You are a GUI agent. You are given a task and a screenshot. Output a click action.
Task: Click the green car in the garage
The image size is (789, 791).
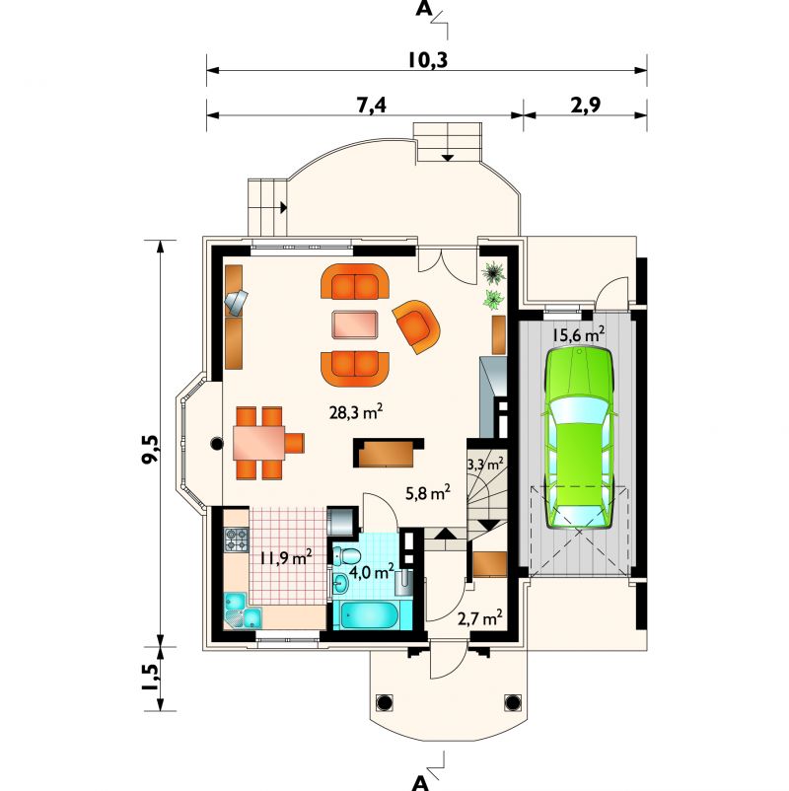click(579, 437)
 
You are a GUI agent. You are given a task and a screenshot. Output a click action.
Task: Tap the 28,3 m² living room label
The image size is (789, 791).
click(356, 412)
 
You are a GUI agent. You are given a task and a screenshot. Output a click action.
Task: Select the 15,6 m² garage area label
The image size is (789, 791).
click(578, 334)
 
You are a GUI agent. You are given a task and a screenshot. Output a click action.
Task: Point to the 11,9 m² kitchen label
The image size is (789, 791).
click(286, 557)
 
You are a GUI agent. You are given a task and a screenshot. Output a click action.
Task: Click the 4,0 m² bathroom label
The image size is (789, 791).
click(371, 572)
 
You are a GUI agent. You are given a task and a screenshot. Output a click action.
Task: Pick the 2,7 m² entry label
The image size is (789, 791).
click(479, 618)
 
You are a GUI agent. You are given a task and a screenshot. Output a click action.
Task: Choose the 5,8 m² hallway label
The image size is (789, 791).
click(428, 493)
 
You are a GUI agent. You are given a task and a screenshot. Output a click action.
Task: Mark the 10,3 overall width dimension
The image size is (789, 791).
click(428, 60)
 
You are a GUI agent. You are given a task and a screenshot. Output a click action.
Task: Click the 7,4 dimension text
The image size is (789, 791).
click(371, 105)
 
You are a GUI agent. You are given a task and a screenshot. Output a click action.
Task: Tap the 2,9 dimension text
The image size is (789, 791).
click(586, 105)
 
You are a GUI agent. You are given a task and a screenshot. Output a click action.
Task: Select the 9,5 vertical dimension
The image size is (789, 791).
click(151, 449)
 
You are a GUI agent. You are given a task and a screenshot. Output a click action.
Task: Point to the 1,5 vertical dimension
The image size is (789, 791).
click(151, 678)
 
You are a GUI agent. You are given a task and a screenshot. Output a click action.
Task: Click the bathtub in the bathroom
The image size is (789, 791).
click(369, 614)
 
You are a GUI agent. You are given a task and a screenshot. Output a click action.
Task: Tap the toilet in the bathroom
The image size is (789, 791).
click(346, 556)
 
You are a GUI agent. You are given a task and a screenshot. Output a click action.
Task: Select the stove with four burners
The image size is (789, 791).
click(236, 539)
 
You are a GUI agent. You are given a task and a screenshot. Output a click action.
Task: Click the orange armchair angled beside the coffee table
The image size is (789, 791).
click(417, 325)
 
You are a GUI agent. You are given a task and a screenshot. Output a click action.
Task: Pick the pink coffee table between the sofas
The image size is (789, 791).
click(355, 324)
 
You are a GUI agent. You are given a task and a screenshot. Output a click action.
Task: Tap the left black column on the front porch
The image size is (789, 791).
click(384, 701)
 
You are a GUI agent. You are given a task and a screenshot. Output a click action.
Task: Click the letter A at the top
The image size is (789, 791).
click(424, 9)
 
